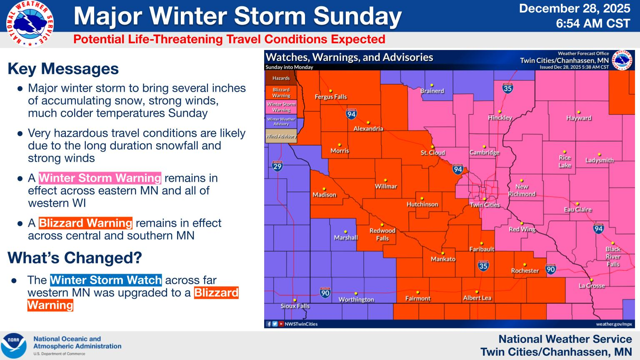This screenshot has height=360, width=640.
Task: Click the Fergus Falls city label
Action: [330, 97]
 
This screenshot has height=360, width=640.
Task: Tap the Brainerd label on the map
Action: [432, 91]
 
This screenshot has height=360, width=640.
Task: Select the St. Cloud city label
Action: [432, 152]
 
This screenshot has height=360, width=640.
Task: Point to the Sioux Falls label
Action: [295, 306]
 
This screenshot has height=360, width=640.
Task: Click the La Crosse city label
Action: [592, 285]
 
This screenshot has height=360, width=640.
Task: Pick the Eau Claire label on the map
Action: [577, 209]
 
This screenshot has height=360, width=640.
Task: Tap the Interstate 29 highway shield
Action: [277, 166]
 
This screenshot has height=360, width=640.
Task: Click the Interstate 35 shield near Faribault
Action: [483, 265]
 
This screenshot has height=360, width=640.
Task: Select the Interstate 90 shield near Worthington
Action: [325, 292]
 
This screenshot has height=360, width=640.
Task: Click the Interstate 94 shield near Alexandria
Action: [351, 114]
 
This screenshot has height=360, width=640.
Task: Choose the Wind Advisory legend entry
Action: [281, 136]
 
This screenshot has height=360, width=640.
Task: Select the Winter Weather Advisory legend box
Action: [281, 121]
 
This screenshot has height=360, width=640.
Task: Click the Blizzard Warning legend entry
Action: [281, 92]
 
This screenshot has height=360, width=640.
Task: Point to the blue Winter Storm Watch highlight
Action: [106, 280]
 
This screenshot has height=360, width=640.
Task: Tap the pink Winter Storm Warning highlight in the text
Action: [100, 178]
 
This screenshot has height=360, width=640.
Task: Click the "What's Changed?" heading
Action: [75, 258]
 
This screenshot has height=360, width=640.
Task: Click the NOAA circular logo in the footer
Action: [13, 345]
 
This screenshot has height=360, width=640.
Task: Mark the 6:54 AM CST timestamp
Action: [593, 24]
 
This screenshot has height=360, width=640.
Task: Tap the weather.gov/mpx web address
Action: [614, 324]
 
